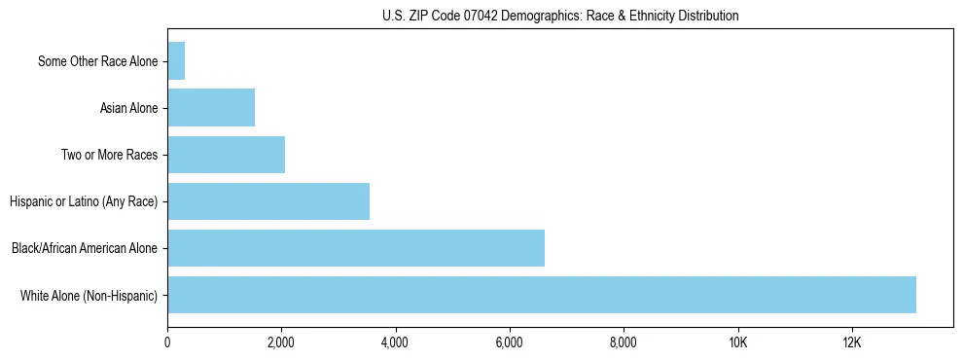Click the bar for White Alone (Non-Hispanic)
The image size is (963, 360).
(542, 295)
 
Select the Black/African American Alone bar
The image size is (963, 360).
(356, 248)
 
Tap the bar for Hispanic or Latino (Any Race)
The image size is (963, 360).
(268, 201)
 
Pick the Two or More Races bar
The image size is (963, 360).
(226, 155)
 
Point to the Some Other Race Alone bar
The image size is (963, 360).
(176, 61)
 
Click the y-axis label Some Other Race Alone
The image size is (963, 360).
(97, 61)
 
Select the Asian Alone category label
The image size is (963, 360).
(128, 108)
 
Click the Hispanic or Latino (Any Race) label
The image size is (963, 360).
(83, 201)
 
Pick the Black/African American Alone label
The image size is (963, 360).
(84, 248)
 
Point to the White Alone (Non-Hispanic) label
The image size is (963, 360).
(89, 295)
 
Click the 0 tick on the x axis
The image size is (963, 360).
(167, 342)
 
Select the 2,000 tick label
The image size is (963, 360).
(281, 342)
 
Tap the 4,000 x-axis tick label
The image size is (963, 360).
(395, 342)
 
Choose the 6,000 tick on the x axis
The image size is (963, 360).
(510, 342)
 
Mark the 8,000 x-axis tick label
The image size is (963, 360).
(624, 342)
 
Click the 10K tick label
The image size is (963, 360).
(737, 342)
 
